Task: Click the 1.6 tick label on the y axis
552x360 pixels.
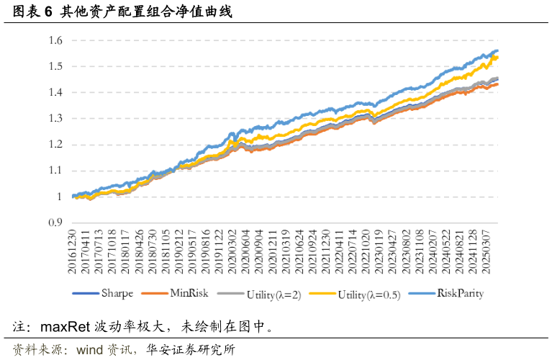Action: tap(55, 40)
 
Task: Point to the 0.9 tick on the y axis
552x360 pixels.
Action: tap(55, 222)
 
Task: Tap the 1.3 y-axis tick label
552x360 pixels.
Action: tap(55, 119)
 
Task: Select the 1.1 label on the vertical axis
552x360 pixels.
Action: tap(55, 171)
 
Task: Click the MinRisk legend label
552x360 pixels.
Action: tap(189, 294)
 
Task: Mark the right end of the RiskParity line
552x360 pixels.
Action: tap(498, 50)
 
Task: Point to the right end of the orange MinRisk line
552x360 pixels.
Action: tap(498, 84)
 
